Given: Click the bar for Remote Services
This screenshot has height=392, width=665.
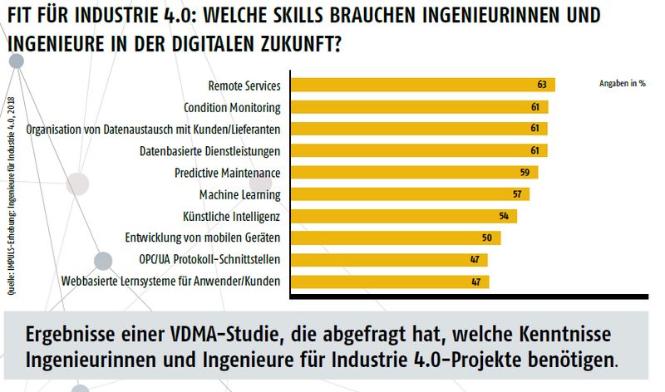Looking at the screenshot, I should point(420,85).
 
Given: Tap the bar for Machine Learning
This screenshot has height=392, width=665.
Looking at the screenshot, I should point(407,194).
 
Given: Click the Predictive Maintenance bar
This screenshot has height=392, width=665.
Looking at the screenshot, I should point(411,173).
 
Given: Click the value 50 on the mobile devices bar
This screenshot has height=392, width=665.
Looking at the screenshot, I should point(487,238).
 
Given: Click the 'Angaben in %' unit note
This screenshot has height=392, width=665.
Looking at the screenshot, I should point(622,84).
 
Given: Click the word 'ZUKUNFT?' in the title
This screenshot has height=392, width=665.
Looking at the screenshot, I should point(302,42).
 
